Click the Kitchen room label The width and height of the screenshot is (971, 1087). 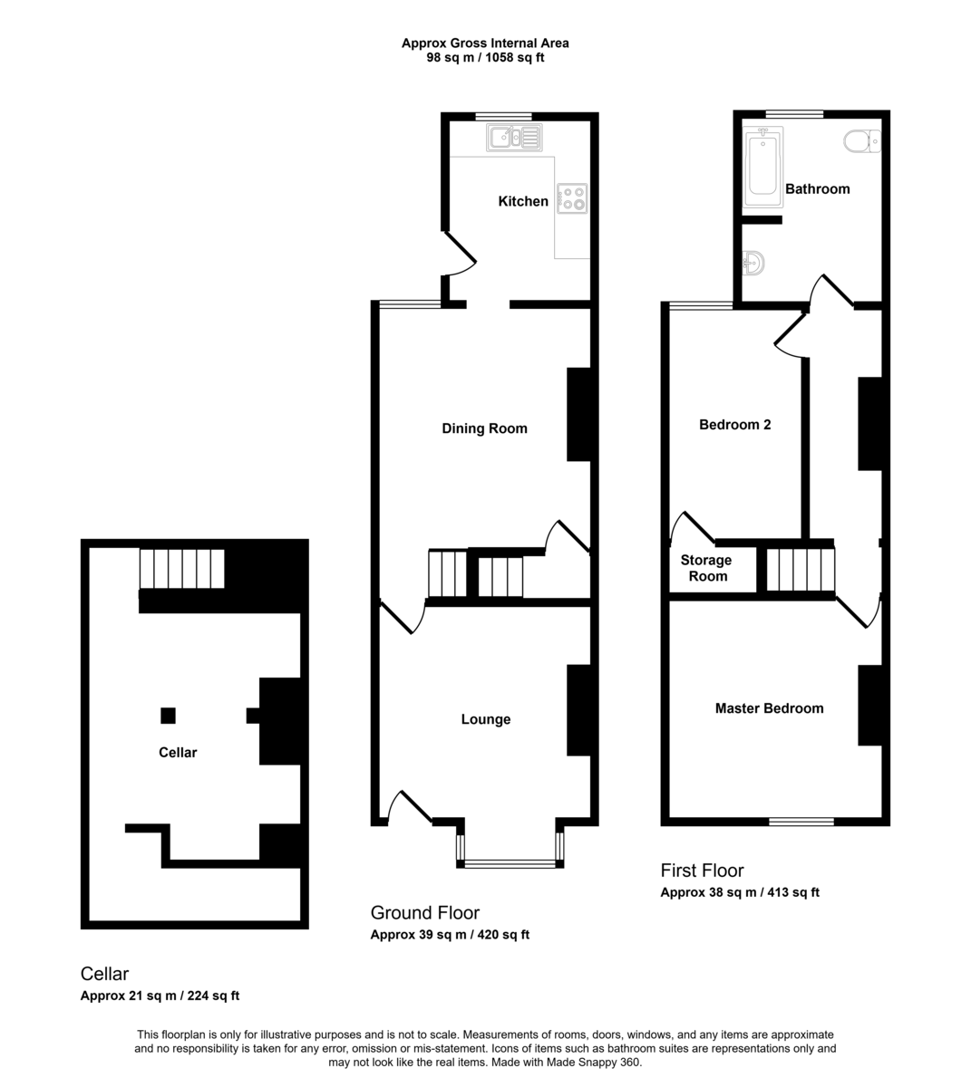point(522,201)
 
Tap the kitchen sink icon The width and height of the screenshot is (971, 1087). point(514,138)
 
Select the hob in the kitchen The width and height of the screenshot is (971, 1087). point(572,198)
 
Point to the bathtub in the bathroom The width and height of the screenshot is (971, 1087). point(762,167)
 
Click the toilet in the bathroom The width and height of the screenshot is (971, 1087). point(862,141)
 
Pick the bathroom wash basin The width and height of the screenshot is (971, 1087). point(753,264)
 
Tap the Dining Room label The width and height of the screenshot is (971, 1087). point(484,428)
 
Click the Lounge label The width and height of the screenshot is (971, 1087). point(486,719)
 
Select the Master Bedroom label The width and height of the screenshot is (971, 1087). point(769,708)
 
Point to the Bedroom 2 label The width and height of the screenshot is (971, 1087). point(734,425)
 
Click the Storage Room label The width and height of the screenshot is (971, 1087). point(706,568)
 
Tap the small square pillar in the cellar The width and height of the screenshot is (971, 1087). point(168,716)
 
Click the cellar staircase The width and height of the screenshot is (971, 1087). point(182,568)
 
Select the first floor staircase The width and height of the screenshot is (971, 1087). point(801,569)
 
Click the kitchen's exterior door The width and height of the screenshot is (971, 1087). point(459,254)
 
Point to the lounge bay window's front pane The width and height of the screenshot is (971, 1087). point(510,864)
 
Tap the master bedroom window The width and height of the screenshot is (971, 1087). point(801,822)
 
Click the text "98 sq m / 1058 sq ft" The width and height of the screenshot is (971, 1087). point(485,57)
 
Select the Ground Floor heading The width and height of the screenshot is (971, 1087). point(425,912)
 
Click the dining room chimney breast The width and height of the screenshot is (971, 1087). point(579,414)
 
